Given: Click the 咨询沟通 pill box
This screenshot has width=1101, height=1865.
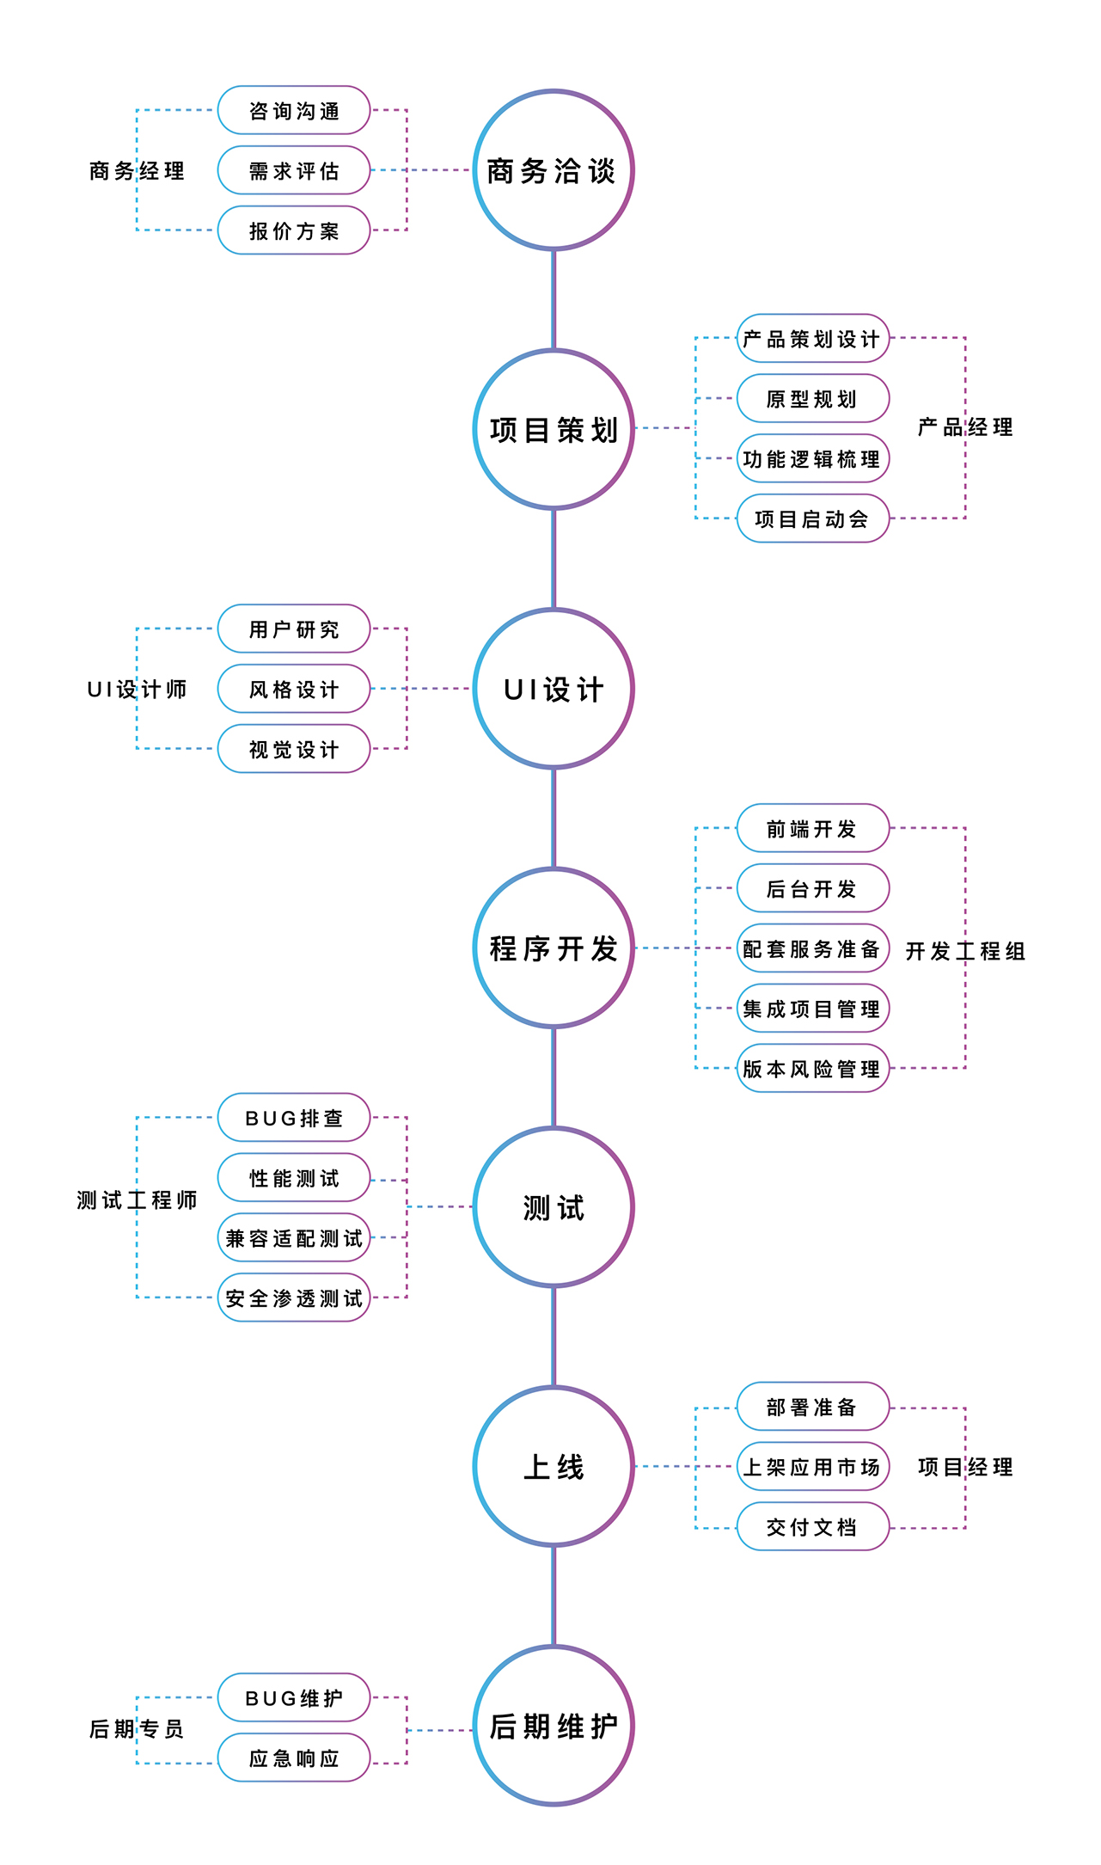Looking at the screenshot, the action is pyautogui.click(x=294, y=110).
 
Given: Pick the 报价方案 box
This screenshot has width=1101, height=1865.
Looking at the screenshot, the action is pyautogui.click(x=294, y=230).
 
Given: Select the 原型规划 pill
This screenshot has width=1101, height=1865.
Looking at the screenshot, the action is pyautogui.click(x=813, y=398).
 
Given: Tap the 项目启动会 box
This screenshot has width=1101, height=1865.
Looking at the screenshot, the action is pyautogui.click(x=813, y=518).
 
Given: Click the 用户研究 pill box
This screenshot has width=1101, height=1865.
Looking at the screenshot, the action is pyautogui.click(x=294, y=629).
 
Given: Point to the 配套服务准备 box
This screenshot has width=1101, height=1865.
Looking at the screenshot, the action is pyautogui.click(x=813, y=948).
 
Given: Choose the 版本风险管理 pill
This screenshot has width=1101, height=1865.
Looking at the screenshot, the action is pyautogui.click(x=813, y=1069).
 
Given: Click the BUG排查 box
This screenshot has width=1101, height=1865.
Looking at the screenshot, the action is pyautogui.click(x=294, y=1118).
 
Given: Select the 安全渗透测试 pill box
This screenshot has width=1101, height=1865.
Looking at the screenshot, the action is pyautogui.click(x=294, y=1298).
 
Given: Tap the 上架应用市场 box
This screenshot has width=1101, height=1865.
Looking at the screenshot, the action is pyautogui.click(x=813, y=1467).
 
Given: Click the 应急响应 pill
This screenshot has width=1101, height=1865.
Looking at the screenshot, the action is pyautogui.click(x=294, y=1758).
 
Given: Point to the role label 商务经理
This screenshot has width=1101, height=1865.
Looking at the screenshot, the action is pyautogui.click(x=137, y=171).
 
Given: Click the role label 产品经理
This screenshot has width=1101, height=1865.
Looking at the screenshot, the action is pyautogui.click(x=965, y=427).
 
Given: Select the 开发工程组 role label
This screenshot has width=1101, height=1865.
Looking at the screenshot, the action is pyautogui.click(x=965, y=951).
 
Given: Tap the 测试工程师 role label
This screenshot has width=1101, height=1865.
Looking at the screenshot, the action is pyautogui.click(x=137, y=1199).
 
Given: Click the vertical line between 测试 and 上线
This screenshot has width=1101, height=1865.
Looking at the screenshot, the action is pyautogui.click(x=554, y=1336).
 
